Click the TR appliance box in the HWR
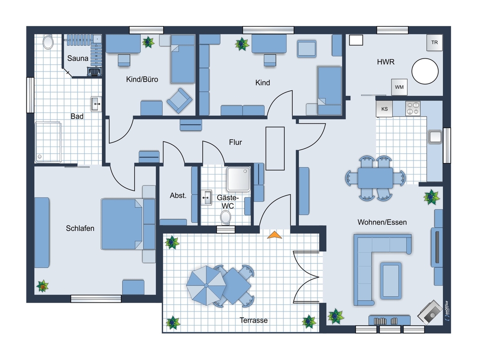pos(434,42)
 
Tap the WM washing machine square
pos(399,87)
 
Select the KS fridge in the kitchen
pos(384,108)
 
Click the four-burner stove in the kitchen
pos(412,108)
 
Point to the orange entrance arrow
pos(274,235)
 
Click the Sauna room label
pos(78,58)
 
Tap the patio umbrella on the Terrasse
pos(206,285)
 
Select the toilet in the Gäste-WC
pos(226,217)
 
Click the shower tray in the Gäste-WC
pos(238,179)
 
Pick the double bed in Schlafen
pos(128,224)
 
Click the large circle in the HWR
pos(425,71)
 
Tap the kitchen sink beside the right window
pos(434,137)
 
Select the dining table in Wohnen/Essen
pos(375,178)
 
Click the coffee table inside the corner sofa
pos(391,280)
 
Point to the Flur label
pos(235,142)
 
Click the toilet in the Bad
pos(48,42)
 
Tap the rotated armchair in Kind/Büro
pos(179,100)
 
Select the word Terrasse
pos(253,320)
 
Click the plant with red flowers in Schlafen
pos(42,286)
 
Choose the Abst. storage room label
pos(178,195)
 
